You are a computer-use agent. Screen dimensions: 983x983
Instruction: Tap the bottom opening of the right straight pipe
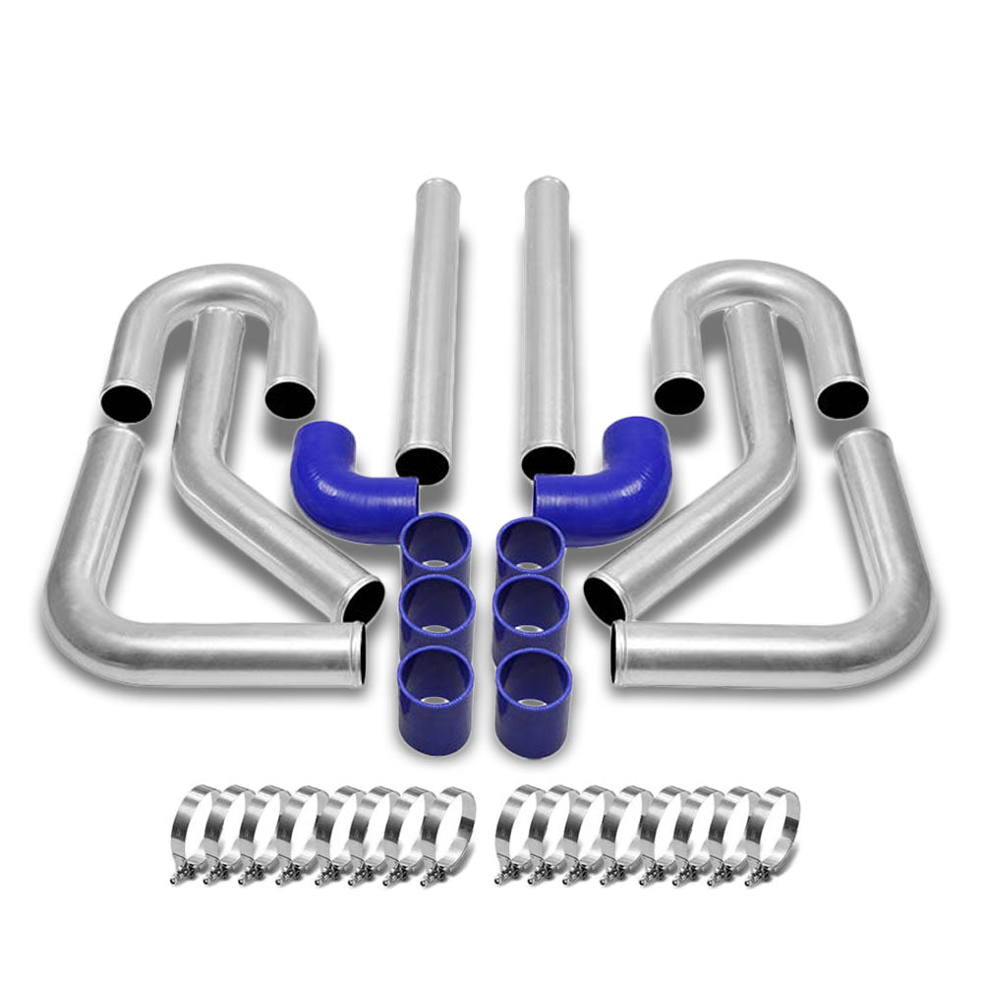click(548, 460)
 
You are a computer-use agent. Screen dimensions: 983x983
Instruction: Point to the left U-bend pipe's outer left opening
click(126, 401)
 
